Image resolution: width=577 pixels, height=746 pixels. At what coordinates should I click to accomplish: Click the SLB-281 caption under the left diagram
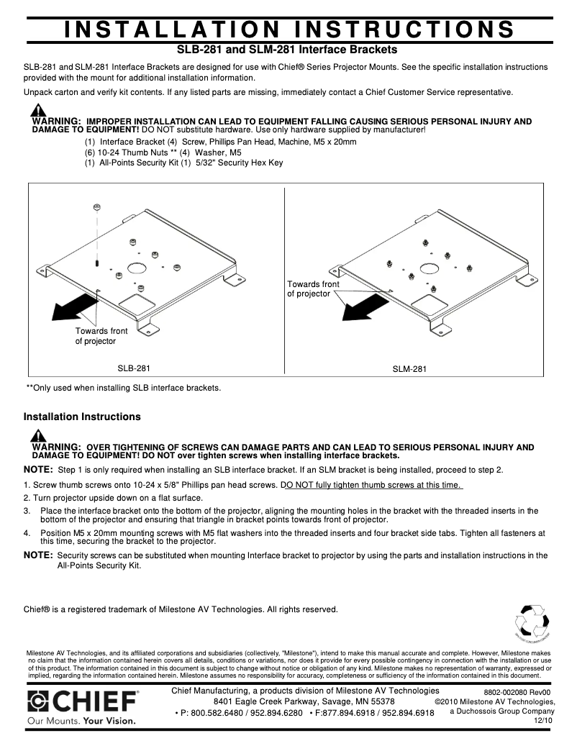pyautogui.click(x=134, y=368)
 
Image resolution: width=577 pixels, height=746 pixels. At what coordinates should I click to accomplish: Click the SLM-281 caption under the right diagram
pyautogui.click(x=409, y=370)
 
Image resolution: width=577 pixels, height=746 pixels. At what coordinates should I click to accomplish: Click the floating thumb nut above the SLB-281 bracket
pyautogui.click(x=96, y=208)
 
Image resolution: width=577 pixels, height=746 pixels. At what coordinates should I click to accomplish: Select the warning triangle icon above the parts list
pyautogui.click(x=37, y=111)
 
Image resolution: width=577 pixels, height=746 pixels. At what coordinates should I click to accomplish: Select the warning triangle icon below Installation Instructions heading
pyautogui.click(x=37, y=436)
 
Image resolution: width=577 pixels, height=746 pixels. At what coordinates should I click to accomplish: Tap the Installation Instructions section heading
pyautogui.click(x=82, y=417)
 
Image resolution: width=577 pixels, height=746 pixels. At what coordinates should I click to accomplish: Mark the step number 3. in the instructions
pyautogui.click(x=27, y=511)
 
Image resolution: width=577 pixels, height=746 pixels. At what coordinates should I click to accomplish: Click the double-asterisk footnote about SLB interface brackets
pyautogui.click(x=123, y=388)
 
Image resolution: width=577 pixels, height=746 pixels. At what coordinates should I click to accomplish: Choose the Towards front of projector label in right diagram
pyautogui.click(x=313, y=289)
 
